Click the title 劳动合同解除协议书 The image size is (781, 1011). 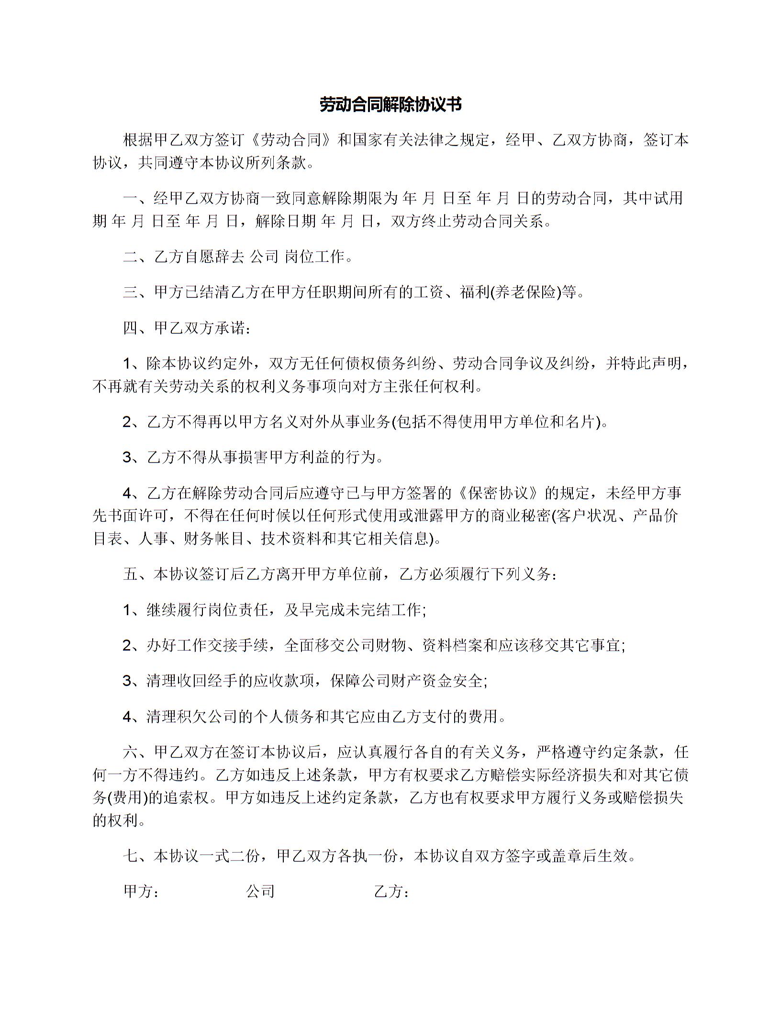(x=390, y=105)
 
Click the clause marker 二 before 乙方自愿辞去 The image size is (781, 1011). (x=130, y=257)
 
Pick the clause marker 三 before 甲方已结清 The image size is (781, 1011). (x=130, y=292)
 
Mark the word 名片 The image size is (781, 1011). (x=580, y=422)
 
